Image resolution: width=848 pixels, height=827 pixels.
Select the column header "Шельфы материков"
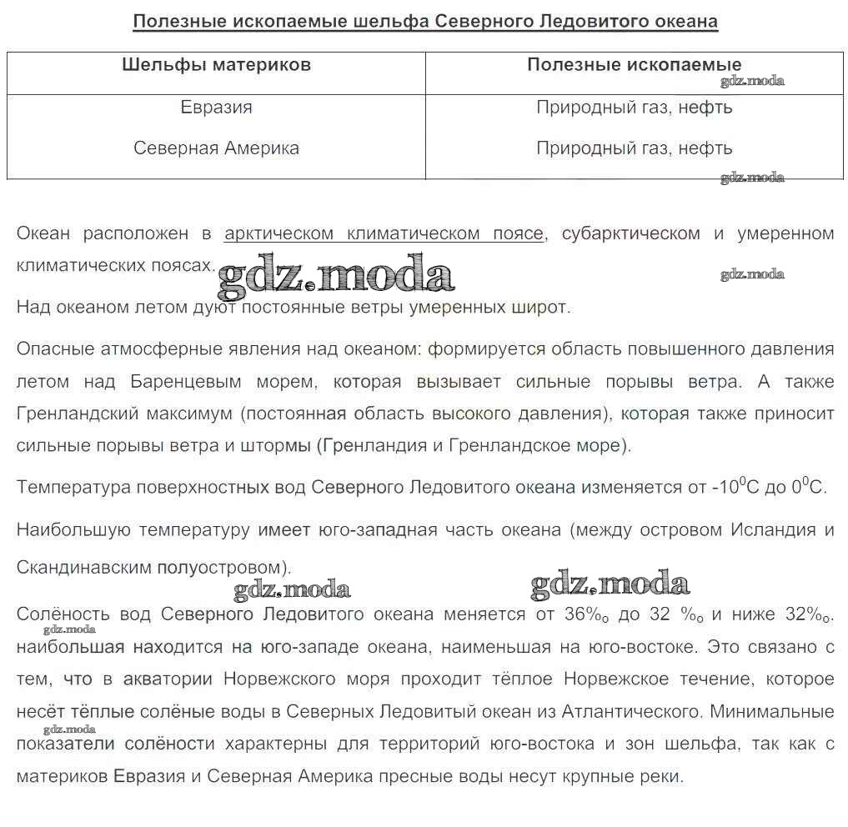pos(216,65)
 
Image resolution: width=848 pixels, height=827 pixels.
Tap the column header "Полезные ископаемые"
pos(634,65)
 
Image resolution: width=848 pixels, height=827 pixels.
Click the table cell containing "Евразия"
pos(216,108)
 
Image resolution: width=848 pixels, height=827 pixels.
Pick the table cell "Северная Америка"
pos(216,148)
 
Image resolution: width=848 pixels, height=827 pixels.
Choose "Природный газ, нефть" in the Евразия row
pos(634,108)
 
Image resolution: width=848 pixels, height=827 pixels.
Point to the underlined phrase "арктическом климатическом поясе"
pos(384,233)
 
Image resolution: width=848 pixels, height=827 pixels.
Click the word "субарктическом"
pos(630,233)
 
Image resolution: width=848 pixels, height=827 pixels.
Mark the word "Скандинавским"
pos(83,568)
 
